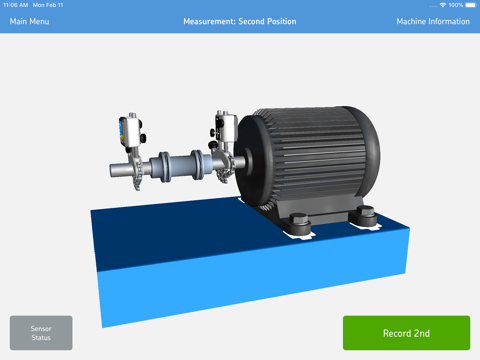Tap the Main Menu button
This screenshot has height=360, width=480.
click(29, 21)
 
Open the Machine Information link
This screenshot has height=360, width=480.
click(433, 21)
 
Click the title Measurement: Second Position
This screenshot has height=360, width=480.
click(239, 21)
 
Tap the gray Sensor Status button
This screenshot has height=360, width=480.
click(41, 332)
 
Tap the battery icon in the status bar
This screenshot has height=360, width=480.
click(469, 5)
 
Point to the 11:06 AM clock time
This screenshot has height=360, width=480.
click(14, 5)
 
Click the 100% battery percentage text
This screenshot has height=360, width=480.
click(455, 5)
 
